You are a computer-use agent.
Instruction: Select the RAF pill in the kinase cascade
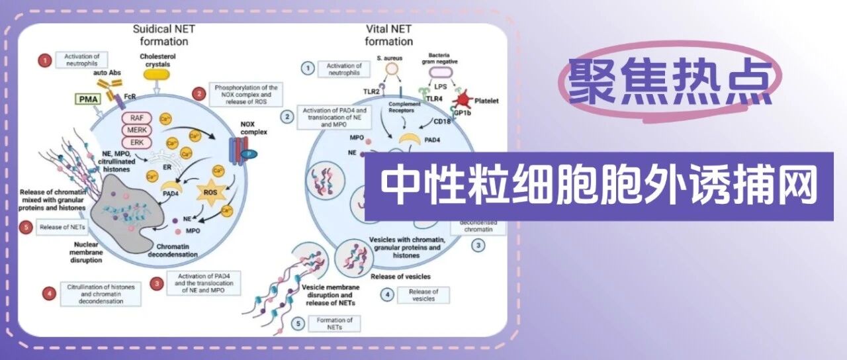click(136, 116)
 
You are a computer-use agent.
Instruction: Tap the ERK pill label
click(136, 142)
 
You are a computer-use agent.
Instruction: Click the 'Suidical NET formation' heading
click(160, 35)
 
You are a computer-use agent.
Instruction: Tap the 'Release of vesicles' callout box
click(423, 295)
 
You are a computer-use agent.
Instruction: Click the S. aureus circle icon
click(392, 68)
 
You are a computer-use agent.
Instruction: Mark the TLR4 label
click(435, 99)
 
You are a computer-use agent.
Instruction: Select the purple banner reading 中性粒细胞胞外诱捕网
click(599, 186)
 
